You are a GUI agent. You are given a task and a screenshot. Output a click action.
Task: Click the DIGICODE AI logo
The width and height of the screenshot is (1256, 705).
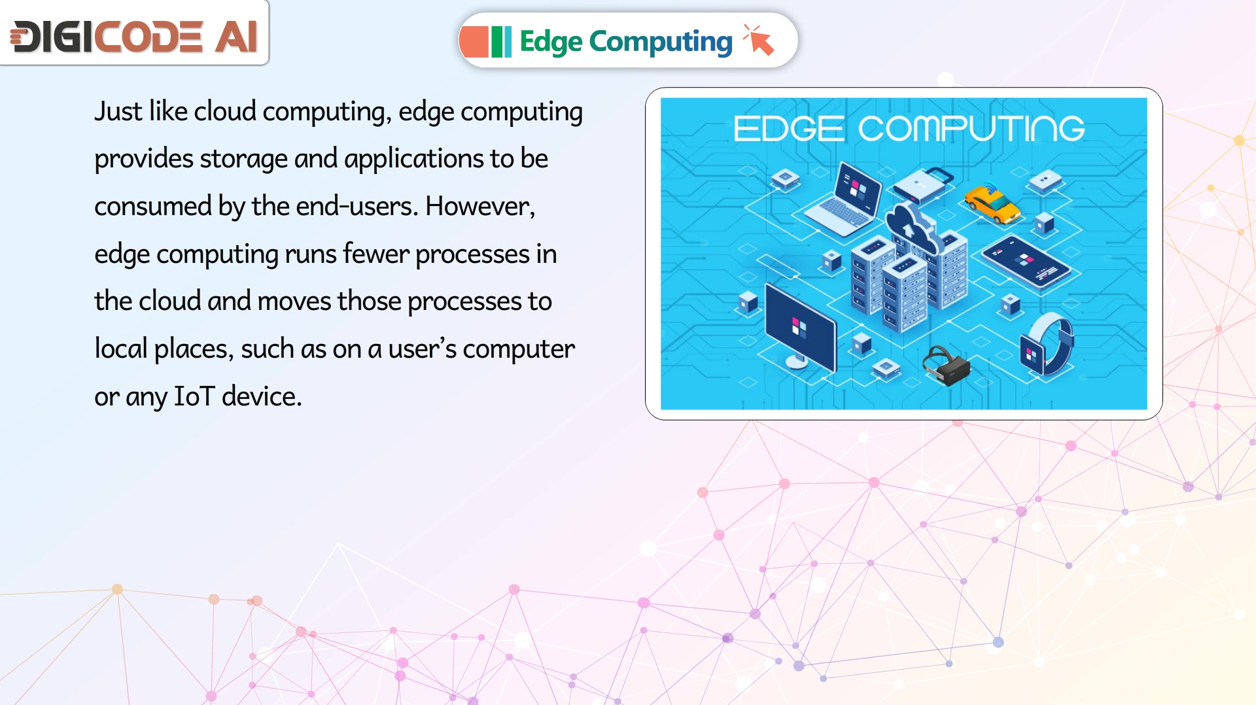click(x=134, y=36)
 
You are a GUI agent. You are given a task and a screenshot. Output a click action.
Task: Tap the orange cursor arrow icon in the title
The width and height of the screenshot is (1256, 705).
click(x=759, y=40)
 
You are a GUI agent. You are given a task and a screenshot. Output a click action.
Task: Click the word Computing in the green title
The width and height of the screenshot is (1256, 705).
click(x=661, y=42)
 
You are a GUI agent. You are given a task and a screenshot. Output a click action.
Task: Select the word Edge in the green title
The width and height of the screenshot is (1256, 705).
click(x=551, y=42)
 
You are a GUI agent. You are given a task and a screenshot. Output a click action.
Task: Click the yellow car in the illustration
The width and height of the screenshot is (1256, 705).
click(x=992, y=203)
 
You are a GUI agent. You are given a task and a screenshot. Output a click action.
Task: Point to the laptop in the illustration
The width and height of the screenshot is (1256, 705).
click(x=843, y=199)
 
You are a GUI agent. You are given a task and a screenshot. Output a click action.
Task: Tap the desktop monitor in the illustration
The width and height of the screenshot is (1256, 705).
click(x=800, y=326)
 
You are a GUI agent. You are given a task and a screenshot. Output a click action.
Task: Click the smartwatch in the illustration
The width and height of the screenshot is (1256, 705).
click(x=1047, y=343)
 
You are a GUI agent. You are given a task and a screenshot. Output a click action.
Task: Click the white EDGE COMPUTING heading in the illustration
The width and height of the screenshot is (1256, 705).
click(x=909, y=128)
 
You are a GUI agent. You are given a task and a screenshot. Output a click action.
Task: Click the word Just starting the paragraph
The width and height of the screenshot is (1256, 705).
click(x=118, y=111)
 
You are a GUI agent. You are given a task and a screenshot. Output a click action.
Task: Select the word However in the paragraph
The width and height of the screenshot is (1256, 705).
click(x=480, y=207)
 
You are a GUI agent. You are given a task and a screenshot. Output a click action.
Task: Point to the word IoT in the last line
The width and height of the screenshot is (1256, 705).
click(x=194, y=396)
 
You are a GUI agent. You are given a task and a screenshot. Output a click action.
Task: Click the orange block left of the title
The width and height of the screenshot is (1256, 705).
click(x=474, y=42)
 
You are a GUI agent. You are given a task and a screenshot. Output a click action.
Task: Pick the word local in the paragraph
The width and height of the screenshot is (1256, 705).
click(x=121, y=349)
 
